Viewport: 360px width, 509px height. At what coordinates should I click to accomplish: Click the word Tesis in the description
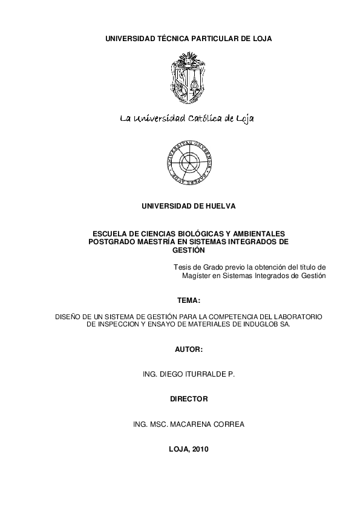click(x=183, y=267)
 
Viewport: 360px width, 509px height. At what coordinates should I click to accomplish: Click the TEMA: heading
click(x=188, y=300)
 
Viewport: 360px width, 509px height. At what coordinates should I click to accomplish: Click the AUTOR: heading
click(x=188, y=350)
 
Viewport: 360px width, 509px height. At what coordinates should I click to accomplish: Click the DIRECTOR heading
click(x=188, y=399)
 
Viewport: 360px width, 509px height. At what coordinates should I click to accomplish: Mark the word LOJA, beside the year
click(x=178, y=449)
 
